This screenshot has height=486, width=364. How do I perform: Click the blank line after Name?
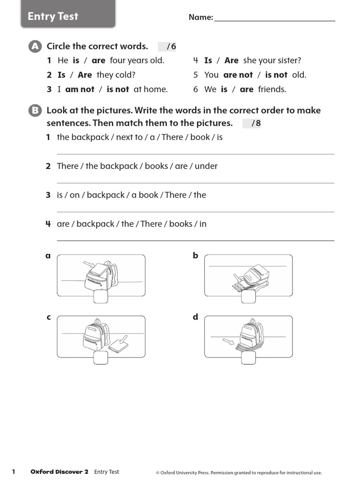(274, 18)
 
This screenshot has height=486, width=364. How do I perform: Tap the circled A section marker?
(34, 46)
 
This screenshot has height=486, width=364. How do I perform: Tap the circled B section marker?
(34, 111)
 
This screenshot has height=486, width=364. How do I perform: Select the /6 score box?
(167, 47)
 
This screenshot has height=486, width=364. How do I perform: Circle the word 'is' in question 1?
(76, 60)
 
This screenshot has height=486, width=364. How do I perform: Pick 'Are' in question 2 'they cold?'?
(85, 75)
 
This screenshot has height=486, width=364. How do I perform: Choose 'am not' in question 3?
(80, 89)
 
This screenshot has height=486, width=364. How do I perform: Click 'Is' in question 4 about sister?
(208, 60)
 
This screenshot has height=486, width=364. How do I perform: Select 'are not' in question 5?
(238, 75)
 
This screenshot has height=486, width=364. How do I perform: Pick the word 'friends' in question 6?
(272, 89)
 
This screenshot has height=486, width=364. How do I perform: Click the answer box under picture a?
(101, 297)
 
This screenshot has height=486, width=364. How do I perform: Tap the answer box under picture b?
(248, 297)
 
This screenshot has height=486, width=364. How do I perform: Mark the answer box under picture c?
(101, 358)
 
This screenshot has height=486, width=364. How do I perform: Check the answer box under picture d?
(248, 358)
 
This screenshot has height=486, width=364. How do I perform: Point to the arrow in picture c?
(123, 339)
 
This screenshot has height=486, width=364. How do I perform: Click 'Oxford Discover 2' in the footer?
(59, 472)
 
